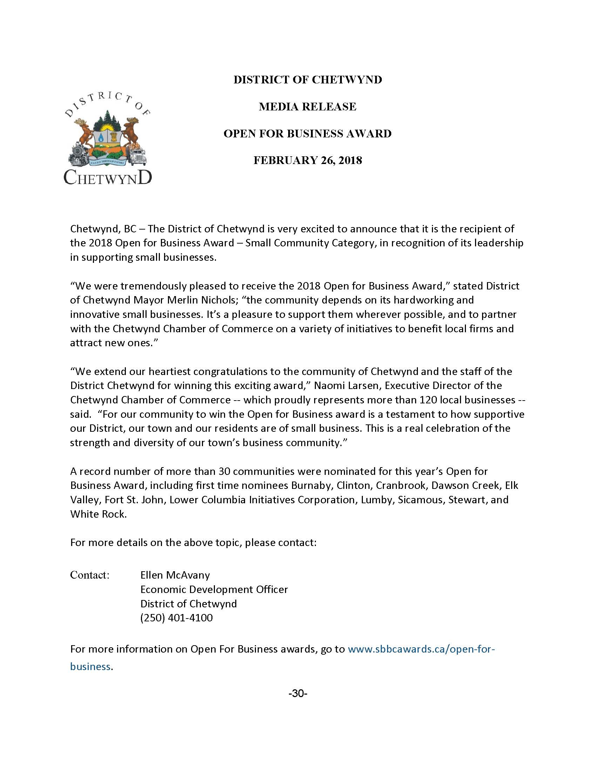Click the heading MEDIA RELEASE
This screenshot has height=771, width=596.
[307, 107]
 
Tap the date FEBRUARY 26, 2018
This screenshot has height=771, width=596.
[307, 160]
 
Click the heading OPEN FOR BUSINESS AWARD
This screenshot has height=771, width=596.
[307, 134]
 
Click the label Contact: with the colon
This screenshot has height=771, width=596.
[90, 575]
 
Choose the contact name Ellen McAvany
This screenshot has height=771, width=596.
[175, 575]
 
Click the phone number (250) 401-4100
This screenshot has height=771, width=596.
[177, 618]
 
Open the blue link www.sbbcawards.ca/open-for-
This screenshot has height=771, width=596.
[422, 649]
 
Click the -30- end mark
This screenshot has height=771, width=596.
[298, 694]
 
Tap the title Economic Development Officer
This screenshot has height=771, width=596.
[214, 589]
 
